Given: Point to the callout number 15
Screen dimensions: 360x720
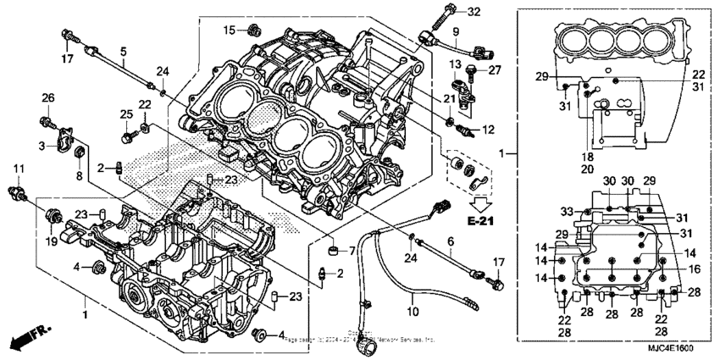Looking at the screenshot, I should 229,30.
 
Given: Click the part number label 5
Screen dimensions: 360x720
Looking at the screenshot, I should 124,52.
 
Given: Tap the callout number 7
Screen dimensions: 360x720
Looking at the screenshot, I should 352,251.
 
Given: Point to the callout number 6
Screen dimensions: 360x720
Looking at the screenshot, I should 451,241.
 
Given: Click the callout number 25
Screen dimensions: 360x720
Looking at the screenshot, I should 125,114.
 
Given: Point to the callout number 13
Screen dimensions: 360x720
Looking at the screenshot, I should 454,64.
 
